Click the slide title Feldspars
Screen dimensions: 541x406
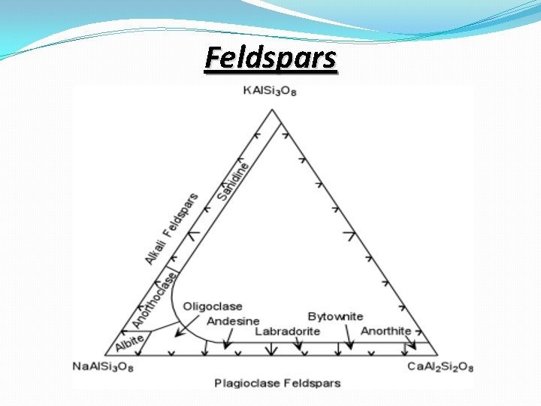(x=271, y=58)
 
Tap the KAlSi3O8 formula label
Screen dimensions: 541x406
(x=271, y=92)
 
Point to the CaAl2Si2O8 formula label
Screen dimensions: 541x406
(x=440, y=366)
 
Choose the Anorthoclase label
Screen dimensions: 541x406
(x=156, y=300)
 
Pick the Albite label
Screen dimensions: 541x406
(x=128, y=342)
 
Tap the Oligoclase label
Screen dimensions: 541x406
(x=213, y=306)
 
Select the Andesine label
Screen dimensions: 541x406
(x=233, y=321)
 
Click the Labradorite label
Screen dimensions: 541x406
(x=288, y=331)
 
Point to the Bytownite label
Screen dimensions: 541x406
(x=335, y=317)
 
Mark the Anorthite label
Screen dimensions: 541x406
(x=386, y=331)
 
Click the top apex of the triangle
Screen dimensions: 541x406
(x=272, y=110)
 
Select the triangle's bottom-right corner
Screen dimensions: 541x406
(x=438, y=353)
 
